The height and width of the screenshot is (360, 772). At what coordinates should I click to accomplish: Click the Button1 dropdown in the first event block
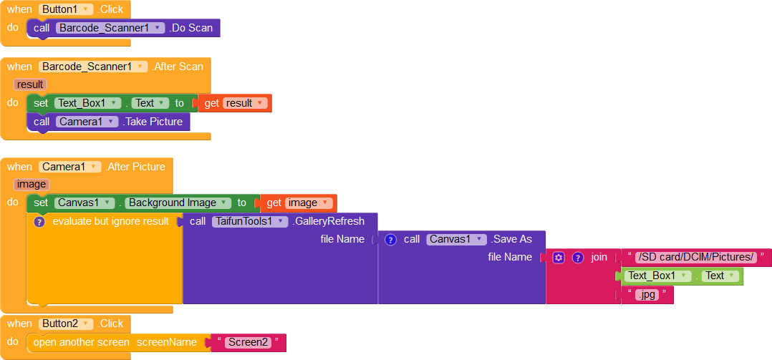tap(67, 9)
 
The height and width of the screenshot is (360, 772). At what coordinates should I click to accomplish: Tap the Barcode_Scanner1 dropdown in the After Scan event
tap(93, 67)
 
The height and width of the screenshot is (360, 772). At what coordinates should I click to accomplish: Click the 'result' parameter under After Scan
tap(30, 84)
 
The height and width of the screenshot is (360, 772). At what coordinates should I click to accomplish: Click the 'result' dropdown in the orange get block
tap(245, 103)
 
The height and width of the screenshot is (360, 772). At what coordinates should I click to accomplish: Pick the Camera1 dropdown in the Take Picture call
tap(87, 122)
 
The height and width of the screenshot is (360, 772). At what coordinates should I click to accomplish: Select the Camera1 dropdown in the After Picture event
tap(71, 167)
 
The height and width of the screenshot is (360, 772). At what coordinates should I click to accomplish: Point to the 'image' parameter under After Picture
tap(32, 184)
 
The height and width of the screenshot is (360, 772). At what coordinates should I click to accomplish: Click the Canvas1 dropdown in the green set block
tap(85, 203)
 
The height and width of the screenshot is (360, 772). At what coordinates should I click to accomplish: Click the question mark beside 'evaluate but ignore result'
tap(39, 221)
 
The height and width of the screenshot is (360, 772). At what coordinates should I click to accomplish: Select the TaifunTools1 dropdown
tap(249, 221)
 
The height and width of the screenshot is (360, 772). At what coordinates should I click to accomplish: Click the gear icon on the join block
tap(559, 258)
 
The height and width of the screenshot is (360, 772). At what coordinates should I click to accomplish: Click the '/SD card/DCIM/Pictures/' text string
tap(696, 258)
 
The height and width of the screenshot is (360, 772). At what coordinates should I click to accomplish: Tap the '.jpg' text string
tap(647, 294)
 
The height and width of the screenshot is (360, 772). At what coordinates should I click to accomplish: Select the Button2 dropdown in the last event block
tap(67, 323)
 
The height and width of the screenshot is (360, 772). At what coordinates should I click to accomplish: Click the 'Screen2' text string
tap(248, 342)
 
